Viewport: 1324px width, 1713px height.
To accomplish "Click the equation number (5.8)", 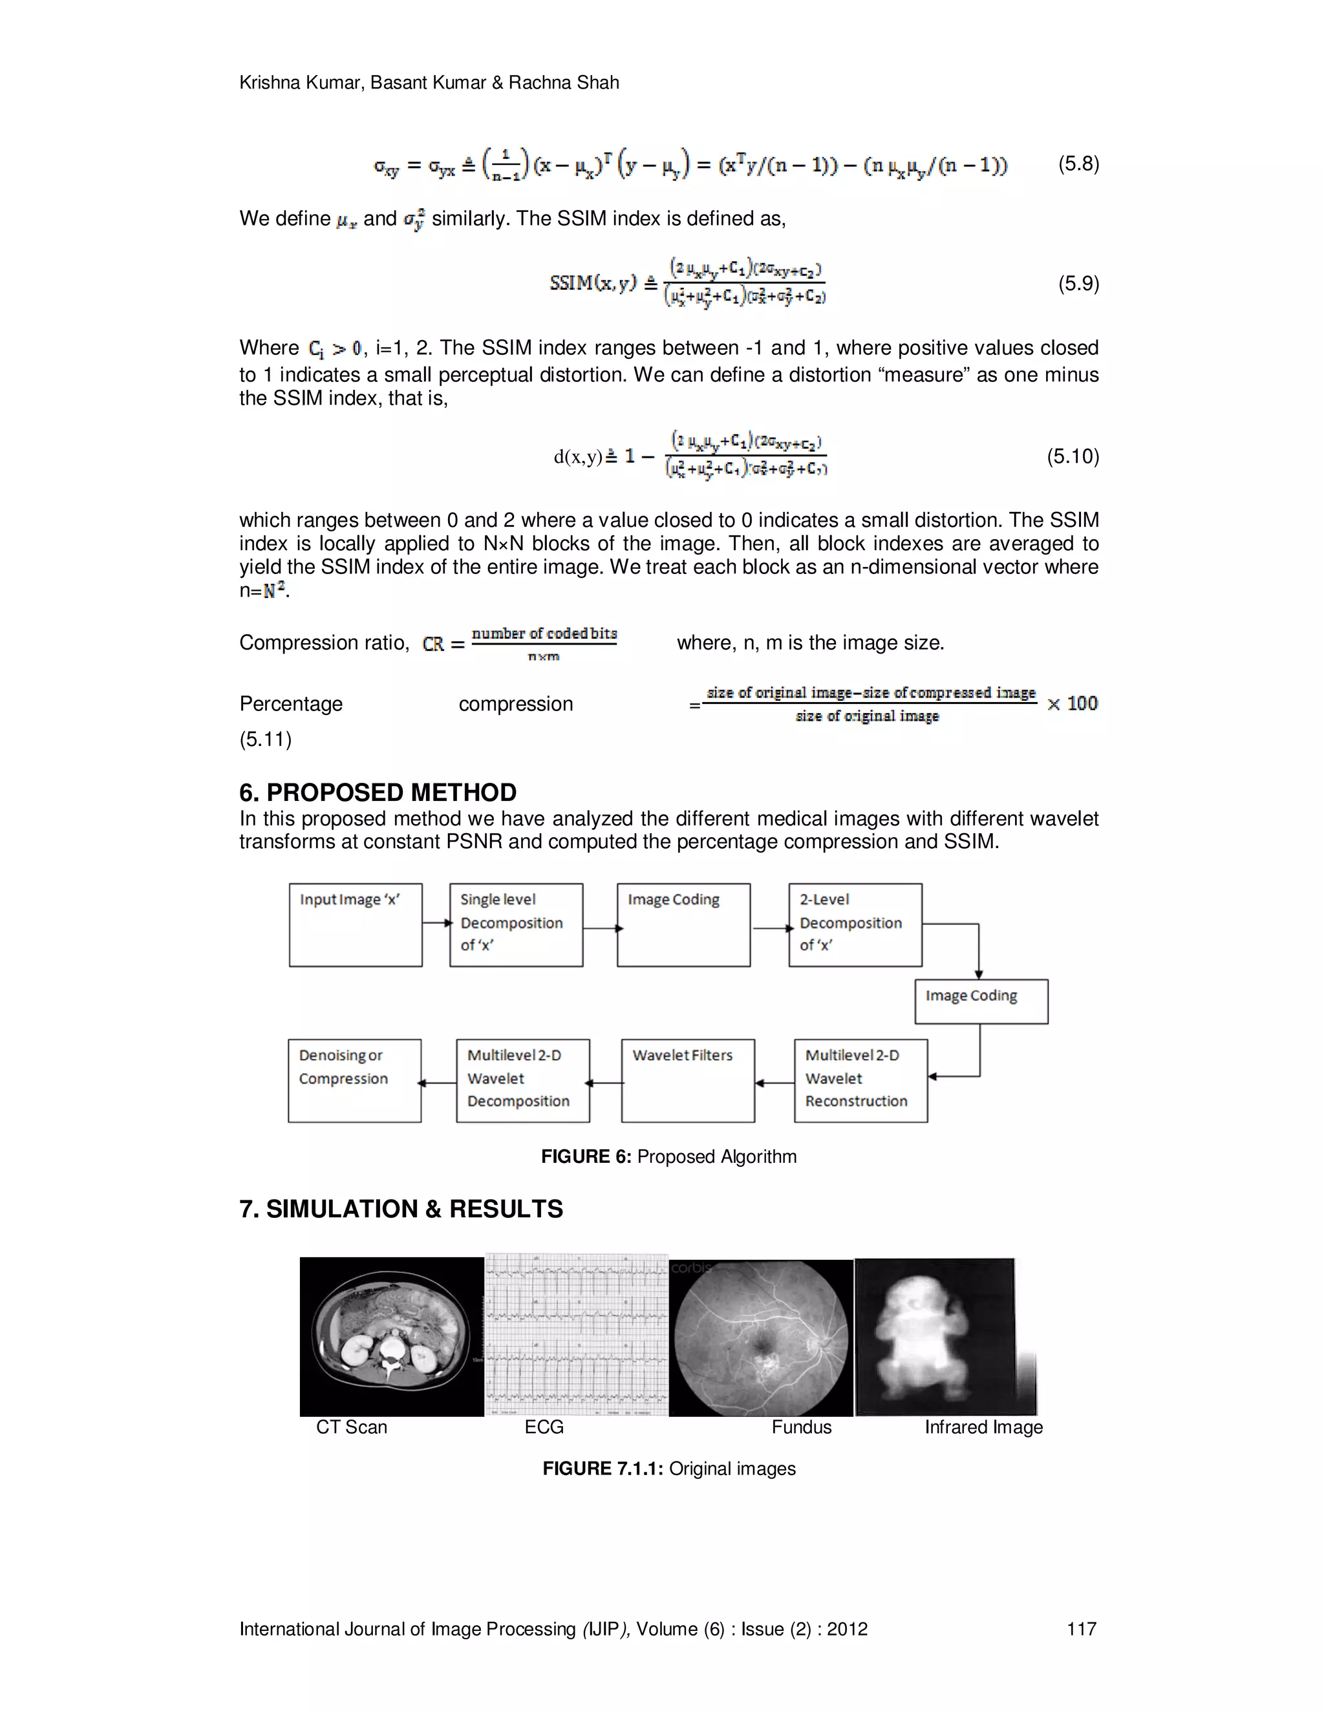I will (x=1078, y=164).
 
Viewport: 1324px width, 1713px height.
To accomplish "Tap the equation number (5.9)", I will (x=1078, y=283).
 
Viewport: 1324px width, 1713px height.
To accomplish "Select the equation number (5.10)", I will (x=1073, y=456).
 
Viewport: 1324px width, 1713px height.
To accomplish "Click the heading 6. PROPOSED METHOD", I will (x=378, y=793).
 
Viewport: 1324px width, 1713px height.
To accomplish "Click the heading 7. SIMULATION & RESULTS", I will (x=401, y=1209).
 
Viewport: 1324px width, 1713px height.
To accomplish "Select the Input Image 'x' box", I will (x=356, y=925).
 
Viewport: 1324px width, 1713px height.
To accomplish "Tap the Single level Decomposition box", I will (x=515, y=925).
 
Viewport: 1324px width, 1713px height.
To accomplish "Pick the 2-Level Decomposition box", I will (x=855, y=925).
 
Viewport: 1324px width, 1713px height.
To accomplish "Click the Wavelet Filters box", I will (x=687, y=1080).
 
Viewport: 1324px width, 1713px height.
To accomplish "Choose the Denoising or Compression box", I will (x=354, y=1080).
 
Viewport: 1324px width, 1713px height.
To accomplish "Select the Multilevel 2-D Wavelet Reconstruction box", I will (x=860, y=1080).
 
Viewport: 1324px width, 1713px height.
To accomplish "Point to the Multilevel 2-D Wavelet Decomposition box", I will (x=522, y=1080).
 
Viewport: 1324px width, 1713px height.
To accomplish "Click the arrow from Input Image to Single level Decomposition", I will (x=436, y=922).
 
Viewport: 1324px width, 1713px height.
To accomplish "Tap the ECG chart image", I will (x=577, y=1335).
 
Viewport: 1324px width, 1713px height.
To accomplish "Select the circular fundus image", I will (x=761, y=1337).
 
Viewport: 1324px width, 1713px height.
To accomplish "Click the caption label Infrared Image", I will (x=983, y=1427).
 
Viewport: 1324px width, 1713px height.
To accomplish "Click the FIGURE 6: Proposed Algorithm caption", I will (x=668, y=1156).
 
